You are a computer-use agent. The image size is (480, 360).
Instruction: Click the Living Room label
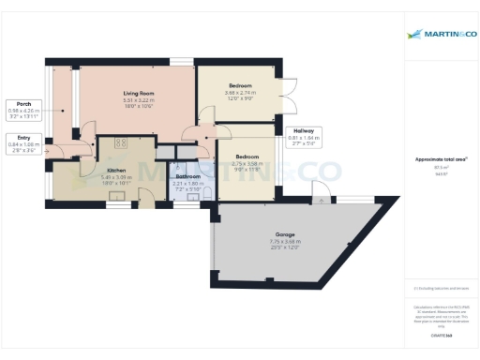[x=139, y=94]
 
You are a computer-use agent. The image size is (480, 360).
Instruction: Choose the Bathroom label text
[x=188, y=175]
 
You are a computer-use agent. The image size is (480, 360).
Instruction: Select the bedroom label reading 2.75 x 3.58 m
[x=247, y=157]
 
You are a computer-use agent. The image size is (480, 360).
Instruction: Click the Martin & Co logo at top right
[x=440, y=35]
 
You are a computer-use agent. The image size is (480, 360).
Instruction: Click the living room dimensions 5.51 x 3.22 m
[x=139, y=100]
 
